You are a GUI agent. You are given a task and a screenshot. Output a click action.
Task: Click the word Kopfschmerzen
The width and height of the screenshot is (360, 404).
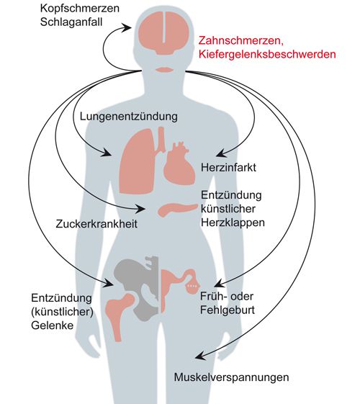pos(80,8)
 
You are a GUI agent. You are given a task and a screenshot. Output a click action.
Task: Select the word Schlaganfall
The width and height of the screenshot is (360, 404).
pos(71,22)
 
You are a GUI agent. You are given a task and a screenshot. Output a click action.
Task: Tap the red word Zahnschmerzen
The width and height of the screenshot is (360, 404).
pos(241,41)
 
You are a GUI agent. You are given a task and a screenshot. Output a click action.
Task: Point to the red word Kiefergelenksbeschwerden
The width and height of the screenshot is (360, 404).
pos(267,54)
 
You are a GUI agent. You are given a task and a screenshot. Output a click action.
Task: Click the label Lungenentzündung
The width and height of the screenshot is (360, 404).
pos(129,117)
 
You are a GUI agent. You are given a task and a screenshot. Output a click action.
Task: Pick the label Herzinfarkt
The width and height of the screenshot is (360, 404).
pos(228,168)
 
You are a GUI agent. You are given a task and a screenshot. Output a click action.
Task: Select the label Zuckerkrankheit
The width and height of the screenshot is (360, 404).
pos(96,224)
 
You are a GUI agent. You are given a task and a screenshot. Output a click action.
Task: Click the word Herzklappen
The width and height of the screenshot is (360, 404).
pos(233,223)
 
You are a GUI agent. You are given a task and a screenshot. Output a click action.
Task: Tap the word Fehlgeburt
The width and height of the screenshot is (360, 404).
pos(228,310)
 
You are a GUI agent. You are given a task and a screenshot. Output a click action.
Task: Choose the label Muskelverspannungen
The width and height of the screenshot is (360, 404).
pos(232,377)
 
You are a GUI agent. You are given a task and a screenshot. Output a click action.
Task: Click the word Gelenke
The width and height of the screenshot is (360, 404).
pos(53,326)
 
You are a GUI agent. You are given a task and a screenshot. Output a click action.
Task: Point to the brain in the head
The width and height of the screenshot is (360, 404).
pos(163,33)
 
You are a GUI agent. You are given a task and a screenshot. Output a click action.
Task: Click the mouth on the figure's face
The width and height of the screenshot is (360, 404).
pos(163,70)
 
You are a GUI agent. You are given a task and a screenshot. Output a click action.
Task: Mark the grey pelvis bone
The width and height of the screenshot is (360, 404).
pos(137,286)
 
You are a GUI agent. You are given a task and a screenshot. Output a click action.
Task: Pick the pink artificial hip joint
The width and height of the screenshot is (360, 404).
pos(119,313)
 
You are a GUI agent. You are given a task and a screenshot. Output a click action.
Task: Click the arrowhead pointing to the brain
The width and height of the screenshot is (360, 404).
pos(127,27)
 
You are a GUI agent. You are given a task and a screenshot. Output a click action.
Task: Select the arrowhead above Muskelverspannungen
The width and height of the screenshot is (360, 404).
pos(200,356)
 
